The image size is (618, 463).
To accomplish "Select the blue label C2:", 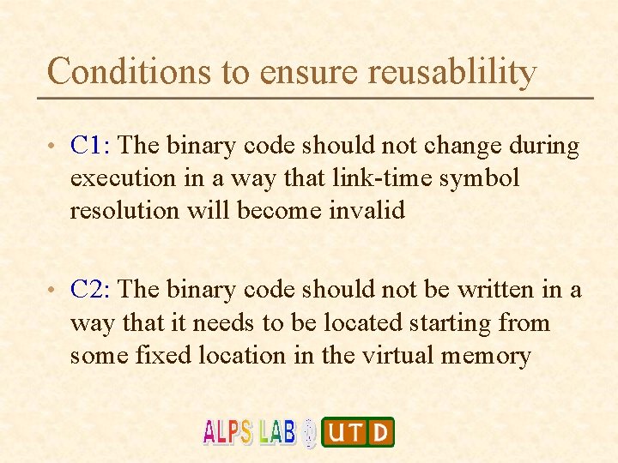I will pyautogui.click(x=91, y=290).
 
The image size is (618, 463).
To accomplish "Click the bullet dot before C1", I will pyautogui.click(x=54, y=147).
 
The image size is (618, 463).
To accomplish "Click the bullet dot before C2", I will pyautogui.click(x=54, y=292).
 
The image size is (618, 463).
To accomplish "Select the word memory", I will pyautogui.click(x=486, y=354).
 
